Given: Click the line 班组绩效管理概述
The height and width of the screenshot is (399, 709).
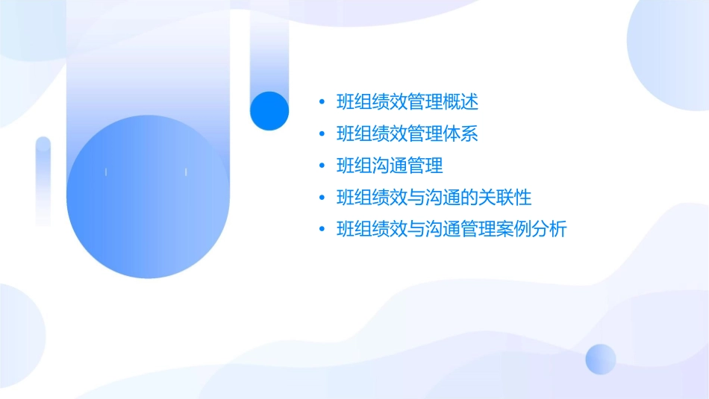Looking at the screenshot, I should click(407, 101).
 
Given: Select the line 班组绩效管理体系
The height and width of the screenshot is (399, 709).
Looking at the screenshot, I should click(407, 133).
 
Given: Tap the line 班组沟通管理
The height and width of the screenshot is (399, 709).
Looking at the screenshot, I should click(390, 166).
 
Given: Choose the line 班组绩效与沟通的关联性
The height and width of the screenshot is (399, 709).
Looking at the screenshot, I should click(434, 198).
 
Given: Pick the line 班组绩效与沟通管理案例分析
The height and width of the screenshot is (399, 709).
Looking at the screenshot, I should click(452, 230).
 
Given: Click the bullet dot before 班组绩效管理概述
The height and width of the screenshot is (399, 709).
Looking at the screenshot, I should click(322, 101).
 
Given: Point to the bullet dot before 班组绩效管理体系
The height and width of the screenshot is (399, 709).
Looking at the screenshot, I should click(322, 133).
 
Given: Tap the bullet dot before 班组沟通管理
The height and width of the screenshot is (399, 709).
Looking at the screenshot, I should click(322, 166).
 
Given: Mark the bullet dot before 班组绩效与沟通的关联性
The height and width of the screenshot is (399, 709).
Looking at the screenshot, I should click(322, 198).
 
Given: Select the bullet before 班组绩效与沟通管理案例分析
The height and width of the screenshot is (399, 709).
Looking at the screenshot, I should click(322, 230).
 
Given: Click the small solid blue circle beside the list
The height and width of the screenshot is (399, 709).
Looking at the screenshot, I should click(269, 110).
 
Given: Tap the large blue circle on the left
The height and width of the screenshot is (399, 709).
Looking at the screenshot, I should click(147, 198).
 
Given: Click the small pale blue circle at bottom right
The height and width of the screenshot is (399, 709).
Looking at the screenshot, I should click(601, 359).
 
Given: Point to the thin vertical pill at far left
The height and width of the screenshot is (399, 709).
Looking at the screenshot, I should click(43, 180).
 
